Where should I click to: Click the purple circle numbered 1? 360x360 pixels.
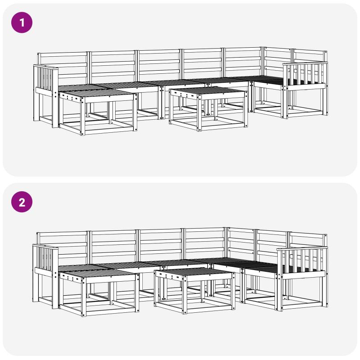(22, 22)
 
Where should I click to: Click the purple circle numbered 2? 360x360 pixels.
(22, 202)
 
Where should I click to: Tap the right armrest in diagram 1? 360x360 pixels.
(304, 76)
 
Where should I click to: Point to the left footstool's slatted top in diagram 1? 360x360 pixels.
(96, 93)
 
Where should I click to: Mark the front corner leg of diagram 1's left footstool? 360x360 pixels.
(83, 116)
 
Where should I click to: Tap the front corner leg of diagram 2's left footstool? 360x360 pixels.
(84, 297)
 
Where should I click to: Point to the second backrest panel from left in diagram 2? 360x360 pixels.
(113, 247)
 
